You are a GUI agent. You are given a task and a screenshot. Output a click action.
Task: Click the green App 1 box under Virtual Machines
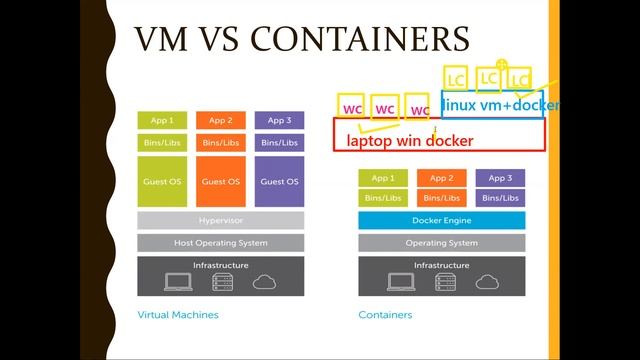[162, 121]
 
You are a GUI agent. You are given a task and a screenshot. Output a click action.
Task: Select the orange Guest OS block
[220, 181]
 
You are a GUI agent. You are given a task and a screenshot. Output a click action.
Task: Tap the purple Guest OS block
[279, 181]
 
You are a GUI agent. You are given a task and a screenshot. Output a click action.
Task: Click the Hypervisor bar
[220, 220]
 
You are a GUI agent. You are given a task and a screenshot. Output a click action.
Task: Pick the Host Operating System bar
[220, 243]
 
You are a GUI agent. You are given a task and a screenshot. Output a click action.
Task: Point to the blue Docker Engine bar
[442, 220]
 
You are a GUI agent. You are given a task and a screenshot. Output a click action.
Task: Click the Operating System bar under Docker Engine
[442, 243]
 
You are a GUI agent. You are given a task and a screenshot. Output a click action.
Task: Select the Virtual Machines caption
[177, 314]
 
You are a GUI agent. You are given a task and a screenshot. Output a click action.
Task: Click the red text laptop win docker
[410, 141]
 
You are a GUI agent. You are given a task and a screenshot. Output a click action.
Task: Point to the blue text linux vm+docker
[500, 105]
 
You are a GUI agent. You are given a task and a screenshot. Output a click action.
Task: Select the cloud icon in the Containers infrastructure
[486, 283]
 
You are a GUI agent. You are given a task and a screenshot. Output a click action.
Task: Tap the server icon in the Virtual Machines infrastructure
[221, 283]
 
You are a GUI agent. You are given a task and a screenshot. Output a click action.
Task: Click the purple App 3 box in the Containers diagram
[501, 178]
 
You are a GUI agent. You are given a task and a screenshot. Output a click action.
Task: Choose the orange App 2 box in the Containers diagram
[442, 178]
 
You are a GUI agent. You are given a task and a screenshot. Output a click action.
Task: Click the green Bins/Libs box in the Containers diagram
[383, 198]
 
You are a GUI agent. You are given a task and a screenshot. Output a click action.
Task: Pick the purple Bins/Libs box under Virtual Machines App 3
[279, 143]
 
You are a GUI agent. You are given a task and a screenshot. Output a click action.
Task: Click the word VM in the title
[163, 40]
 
